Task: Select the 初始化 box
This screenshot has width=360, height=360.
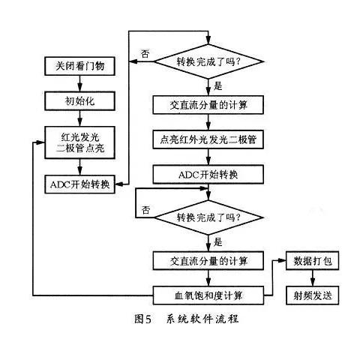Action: pos(79,99)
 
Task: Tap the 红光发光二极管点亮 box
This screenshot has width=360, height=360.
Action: pos(79,142)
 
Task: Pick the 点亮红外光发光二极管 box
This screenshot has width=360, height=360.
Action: pos(208,140)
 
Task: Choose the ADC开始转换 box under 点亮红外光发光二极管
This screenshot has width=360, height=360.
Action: pos(208,174)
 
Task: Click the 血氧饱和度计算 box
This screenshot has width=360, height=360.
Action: pos(208,295)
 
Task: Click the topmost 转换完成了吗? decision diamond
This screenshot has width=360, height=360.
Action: pos(208,62)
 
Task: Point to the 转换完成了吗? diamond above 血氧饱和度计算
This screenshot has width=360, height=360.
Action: pos(208,218)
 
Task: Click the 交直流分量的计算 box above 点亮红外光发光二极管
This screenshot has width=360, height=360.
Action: pos(208,104)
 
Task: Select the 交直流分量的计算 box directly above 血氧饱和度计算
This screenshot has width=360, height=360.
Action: pos(208,261)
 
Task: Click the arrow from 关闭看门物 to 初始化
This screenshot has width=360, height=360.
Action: pos(79,83)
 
